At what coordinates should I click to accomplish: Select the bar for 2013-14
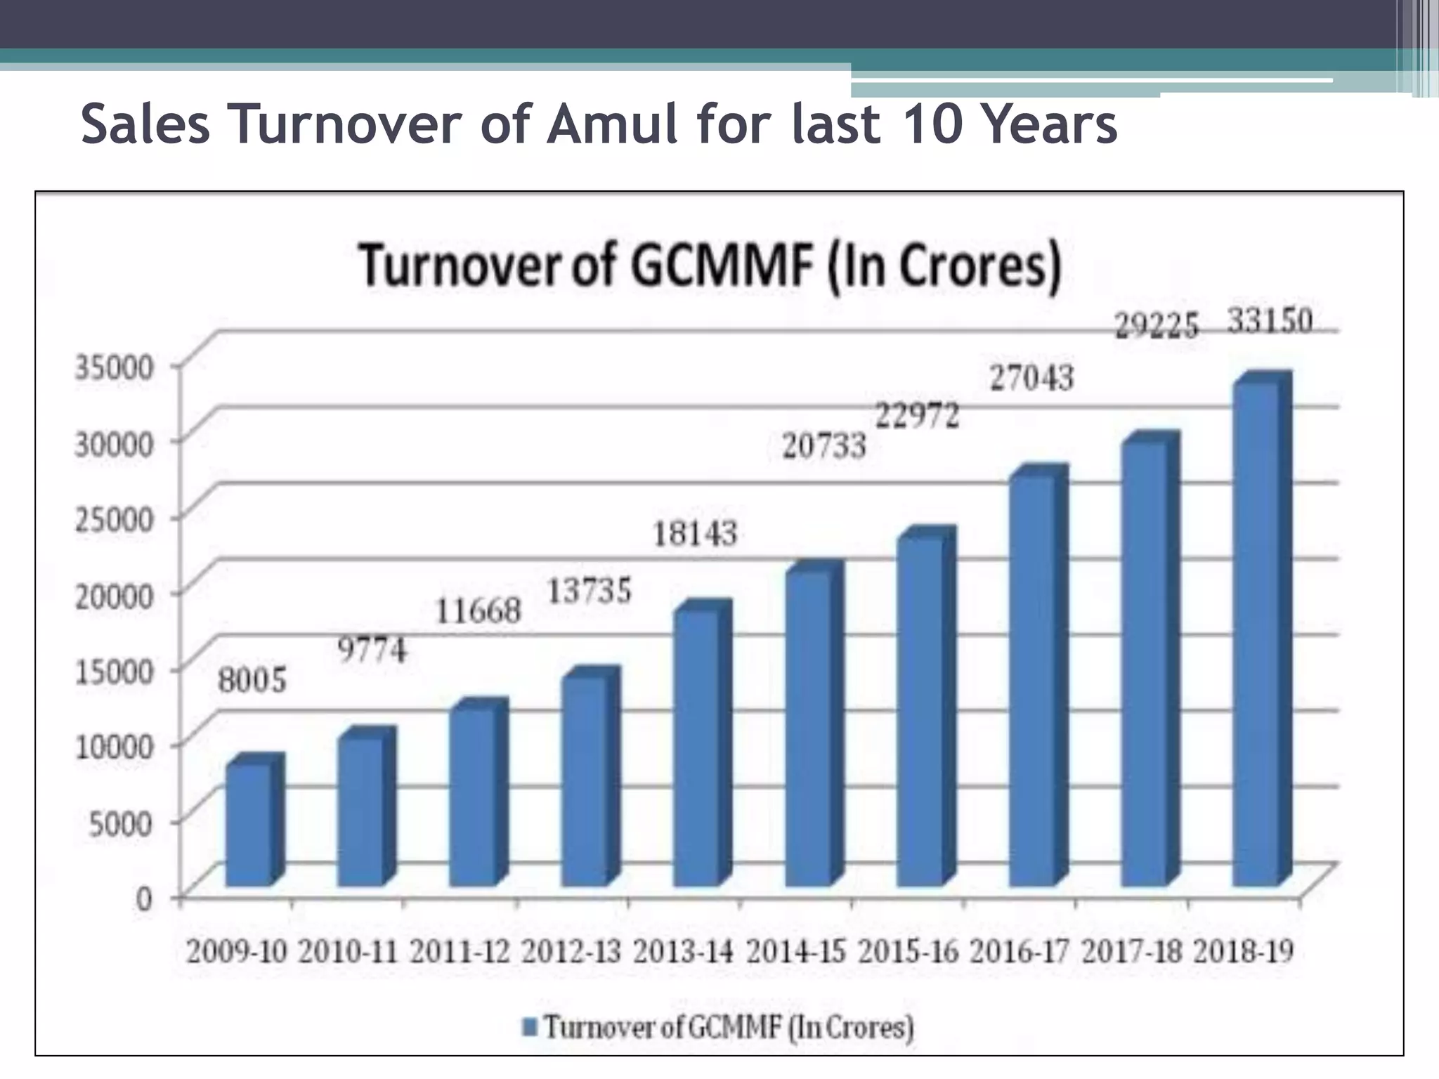[696, 748]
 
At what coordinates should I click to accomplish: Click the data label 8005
[252, 680]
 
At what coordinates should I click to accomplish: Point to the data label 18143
[695, 534]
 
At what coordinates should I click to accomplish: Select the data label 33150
[1270, 322]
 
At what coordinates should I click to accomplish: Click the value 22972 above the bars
[917, 416]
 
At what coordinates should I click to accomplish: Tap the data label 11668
[478, 610]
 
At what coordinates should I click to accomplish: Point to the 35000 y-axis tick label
[113, 367]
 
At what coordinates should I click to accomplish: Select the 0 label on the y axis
[143, 898]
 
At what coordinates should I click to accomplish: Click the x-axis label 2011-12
[460, 953]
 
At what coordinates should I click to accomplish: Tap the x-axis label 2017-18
[1131, 953]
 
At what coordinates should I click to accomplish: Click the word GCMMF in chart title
[722, 266]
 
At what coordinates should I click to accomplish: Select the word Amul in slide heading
[611, 124]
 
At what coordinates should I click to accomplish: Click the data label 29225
[1157, 327]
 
